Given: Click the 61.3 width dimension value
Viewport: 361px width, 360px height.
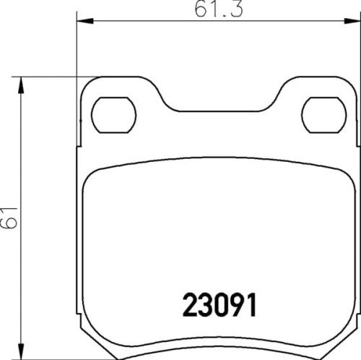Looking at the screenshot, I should (x=217, y=9).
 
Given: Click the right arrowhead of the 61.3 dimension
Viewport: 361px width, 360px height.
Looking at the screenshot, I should (x=352, y=22).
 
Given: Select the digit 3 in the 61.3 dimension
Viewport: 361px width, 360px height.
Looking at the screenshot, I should (x=231, y=9).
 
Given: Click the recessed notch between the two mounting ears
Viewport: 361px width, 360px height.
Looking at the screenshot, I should (x=219, y=108).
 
